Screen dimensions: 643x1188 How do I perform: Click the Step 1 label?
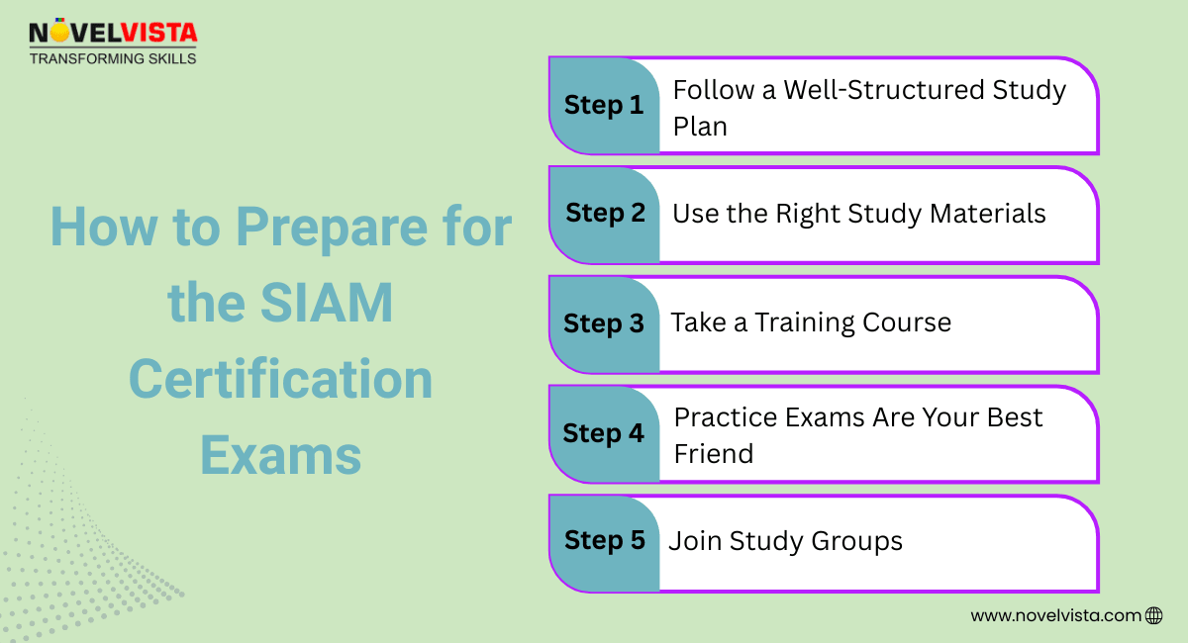coord(604,105)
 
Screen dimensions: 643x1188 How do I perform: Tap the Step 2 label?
coord(605,213)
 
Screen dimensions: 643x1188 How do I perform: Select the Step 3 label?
coord(604,323)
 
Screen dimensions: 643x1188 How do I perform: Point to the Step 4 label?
coord(604,433)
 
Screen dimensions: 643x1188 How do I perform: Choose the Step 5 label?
coord(605,540)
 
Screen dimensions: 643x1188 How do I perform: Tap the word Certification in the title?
coord(281,380)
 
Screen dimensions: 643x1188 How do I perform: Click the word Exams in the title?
coord(281,456)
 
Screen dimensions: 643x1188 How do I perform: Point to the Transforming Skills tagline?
coord(113,58)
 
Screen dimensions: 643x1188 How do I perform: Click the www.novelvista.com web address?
coord(1055,615)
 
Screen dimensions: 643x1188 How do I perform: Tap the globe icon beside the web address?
coord(1153,615)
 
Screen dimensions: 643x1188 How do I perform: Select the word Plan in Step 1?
coord(700,127)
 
